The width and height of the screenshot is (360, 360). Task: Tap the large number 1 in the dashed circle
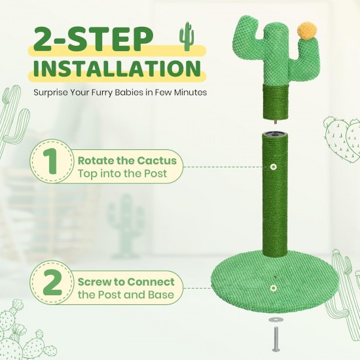click(52, 164)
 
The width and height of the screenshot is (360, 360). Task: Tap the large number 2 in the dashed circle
click(52, 282)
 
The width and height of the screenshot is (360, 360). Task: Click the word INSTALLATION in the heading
click(117, 67)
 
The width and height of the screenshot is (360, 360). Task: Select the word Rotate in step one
click(96, 161)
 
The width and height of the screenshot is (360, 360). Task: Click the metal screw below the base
click(276, 340)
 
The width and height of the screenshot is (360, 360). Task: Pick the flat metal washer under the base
click(274, 319)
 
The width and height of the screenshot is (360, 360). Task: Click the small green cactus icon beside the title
click(186, 36)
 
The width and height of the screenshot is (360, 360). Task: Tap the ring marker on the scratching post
click(273, 167)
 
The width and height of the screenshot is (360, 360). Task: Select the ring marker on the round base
click(273, 288)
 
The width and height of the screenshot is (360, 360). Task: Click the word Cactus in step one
click(158, 161)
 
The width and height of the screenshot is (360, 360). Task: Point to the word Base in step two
click(161, 295)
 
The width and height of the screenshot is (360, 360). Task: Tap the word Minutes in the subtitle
click(190, 92)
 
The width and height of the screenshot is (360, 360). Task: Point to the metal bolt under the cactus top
click(276, 122)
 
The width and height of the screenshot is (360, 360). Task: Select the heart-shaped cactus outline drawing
click(342, 139)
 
